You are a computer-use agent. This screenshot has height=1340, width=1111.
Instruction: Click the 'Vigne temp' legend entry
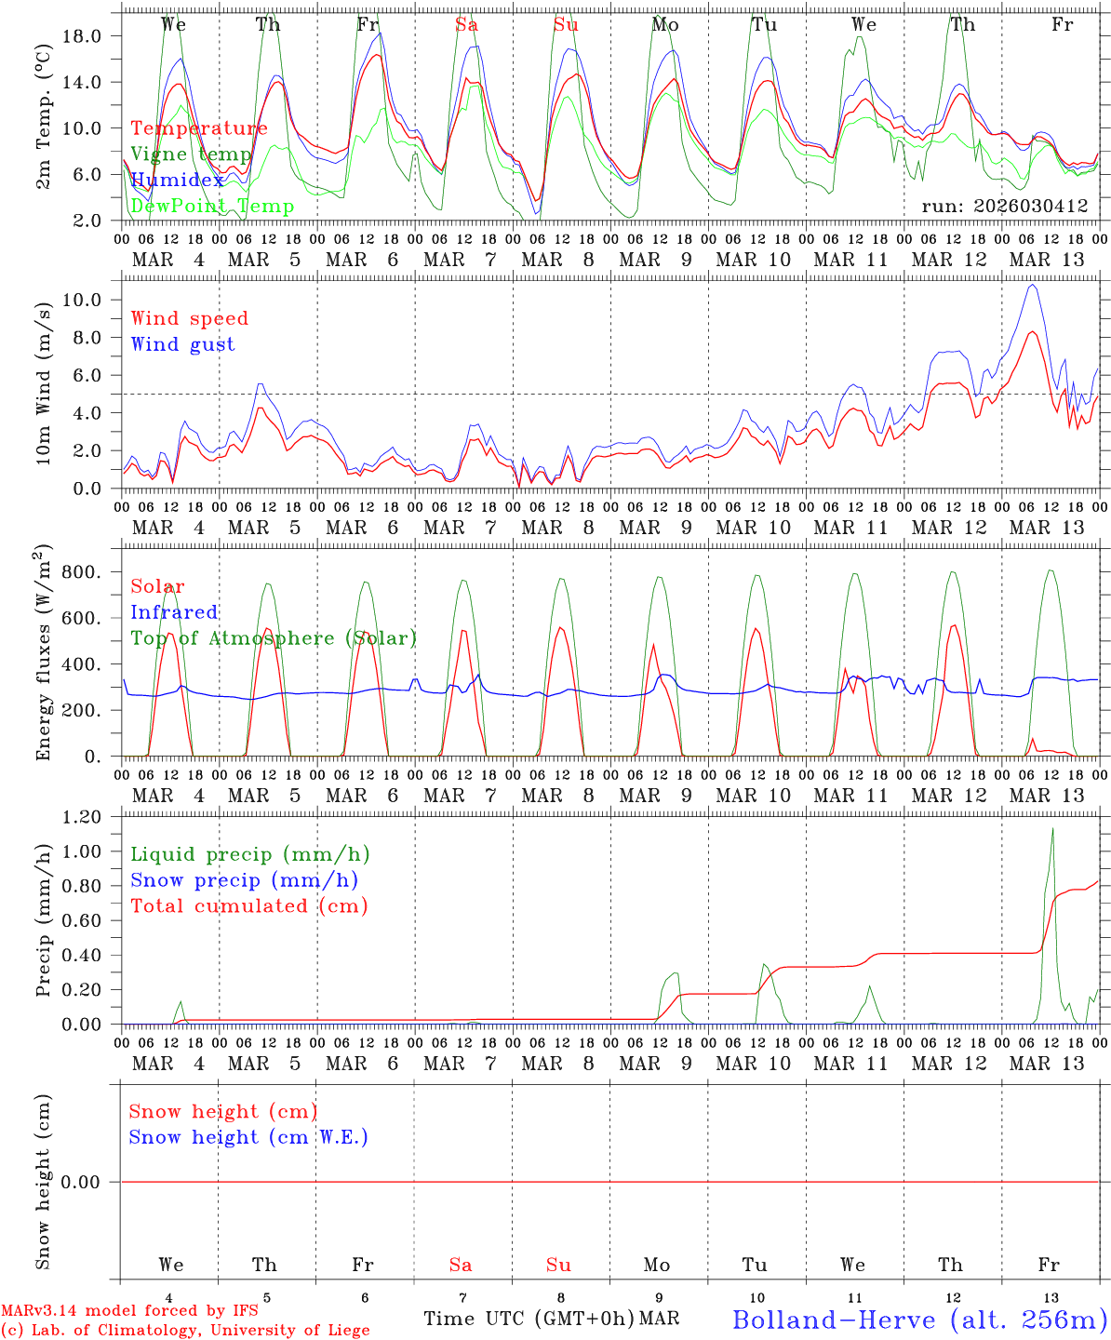pyautogui.click(x=191, y=154)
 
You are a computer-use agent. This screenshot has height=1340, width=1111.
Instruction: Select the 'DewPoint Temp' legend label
pyautogui.click(x=212, y=207)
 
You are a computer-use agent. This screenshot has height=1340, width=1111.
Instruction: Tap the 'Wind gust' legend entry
pyautogui.click(x=182, y=344)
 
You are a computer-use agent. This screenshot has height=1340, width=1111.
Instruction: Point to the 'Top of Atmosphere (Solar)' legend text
pyautogui.click(x=274, y=638)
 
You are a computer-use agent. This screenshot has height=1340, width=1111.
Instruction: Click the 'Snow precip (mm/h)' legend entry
pyautogui.click(x=244, y=880)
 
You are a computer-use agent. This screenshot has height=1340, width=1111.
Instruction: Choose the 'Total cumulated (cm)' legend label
pyautogui.click(x=248, y=906)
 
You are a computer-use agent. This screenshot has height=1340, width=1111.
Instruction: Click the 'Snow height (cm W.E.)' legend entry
pyautogui.click(x=248, y=1137)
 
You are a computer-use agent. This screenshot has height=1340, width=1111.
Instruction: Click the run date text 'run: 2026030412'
pyautogui.click(x=1004, y=207)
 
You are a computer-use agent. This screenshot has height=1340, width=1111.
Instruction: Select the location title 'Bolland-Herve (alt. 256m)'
pyautogui.click(x=919, y=1320)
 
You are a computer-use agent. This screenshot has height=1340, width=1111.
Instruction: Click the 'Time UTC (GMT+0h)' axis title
pyautogui.click(x=529, y=1319)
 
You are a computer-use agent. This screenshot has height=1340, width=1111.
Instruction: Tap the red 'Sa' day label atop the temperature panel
pyautogui.click(x=466, y=25)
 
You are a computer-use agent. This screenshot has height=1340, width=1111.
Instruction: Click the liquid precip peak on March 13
pyautogui.click(x=1052, y=829)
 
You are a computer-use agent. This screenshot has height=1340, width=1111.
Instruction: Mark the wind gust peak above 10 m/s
pyautogui.click(x=1031, y=285)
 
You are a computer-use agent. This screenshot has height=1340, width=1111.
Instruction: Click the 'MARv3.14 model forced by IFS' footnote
pyautogui.click(x=129, y=1311)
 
